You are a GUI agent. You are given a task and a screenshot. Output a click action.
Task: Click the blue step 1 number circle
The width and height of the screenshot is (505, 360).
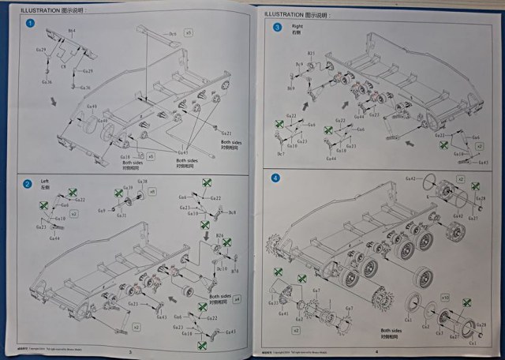[30, 24]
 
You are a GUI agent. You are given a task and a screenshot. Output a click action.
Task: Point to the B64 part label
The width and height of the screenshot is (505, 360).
[71, 30]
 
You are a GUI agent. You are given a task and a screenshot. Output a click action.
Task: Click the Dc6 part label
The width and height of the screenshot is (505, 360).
[173, 34]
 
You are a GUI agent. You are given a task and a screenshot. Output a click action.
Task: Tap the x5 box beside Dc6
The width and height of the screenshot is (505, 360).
[188, 35]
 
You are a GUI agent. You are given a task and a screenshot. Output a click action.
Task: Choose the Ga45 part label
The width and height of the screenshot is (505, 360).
[183, 152]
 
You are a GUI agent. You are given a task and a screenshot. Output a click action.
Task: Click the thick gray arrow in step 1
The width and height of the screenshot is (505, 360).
[52, 101]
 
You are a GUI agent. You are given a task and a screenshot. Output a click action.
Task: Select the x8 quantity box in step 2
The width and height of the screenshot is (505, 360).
[152, 192]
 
